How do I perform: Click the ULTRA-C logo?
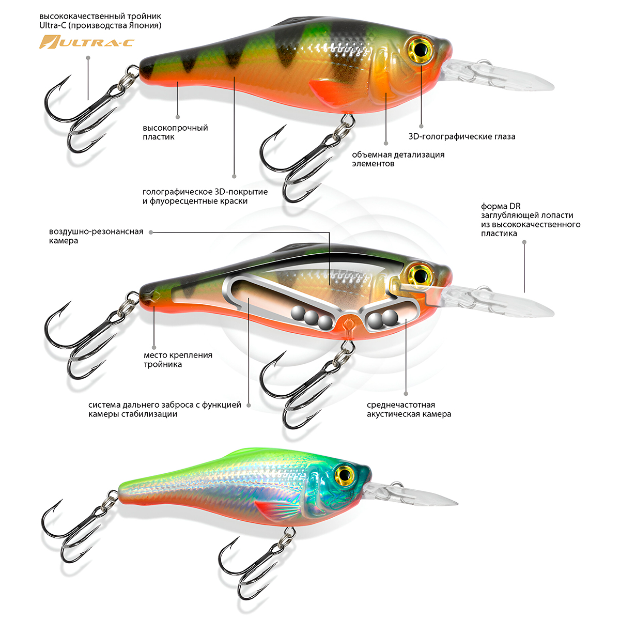87,42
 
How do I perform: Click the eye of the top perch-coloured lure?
421,49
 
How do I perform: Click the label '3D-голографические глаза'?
462,137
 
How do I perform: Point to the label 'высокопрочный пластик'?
175,132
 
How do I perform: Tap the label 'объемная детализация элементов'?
398,159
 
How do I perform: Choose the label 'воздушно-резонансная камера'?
96,236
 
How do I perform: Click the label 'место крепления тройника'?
178,360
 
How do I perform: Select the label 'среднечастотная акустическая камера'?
409,409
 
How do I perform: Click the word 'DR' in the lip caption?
515,206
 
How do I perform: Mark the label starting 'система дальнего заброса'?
164,409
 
